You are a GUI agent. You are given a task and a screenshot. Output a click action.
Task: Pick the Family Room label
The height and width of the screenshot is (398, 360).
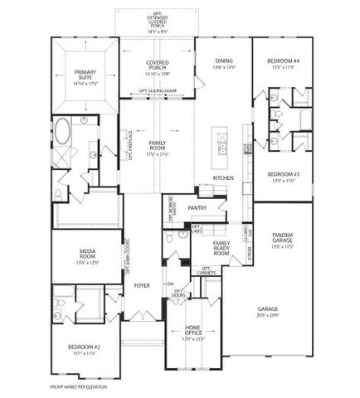pyautogui.click(x=158, y=146)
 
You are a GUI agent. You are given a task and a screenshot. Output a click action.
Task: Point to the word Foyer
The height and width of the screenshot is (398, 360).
pyautogui.click(x=142, y=284)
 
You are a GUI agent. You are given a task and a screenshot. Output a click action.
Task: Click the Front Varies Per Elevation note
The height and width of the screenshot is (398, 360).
pyautogui.click(x=78, y=386)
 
